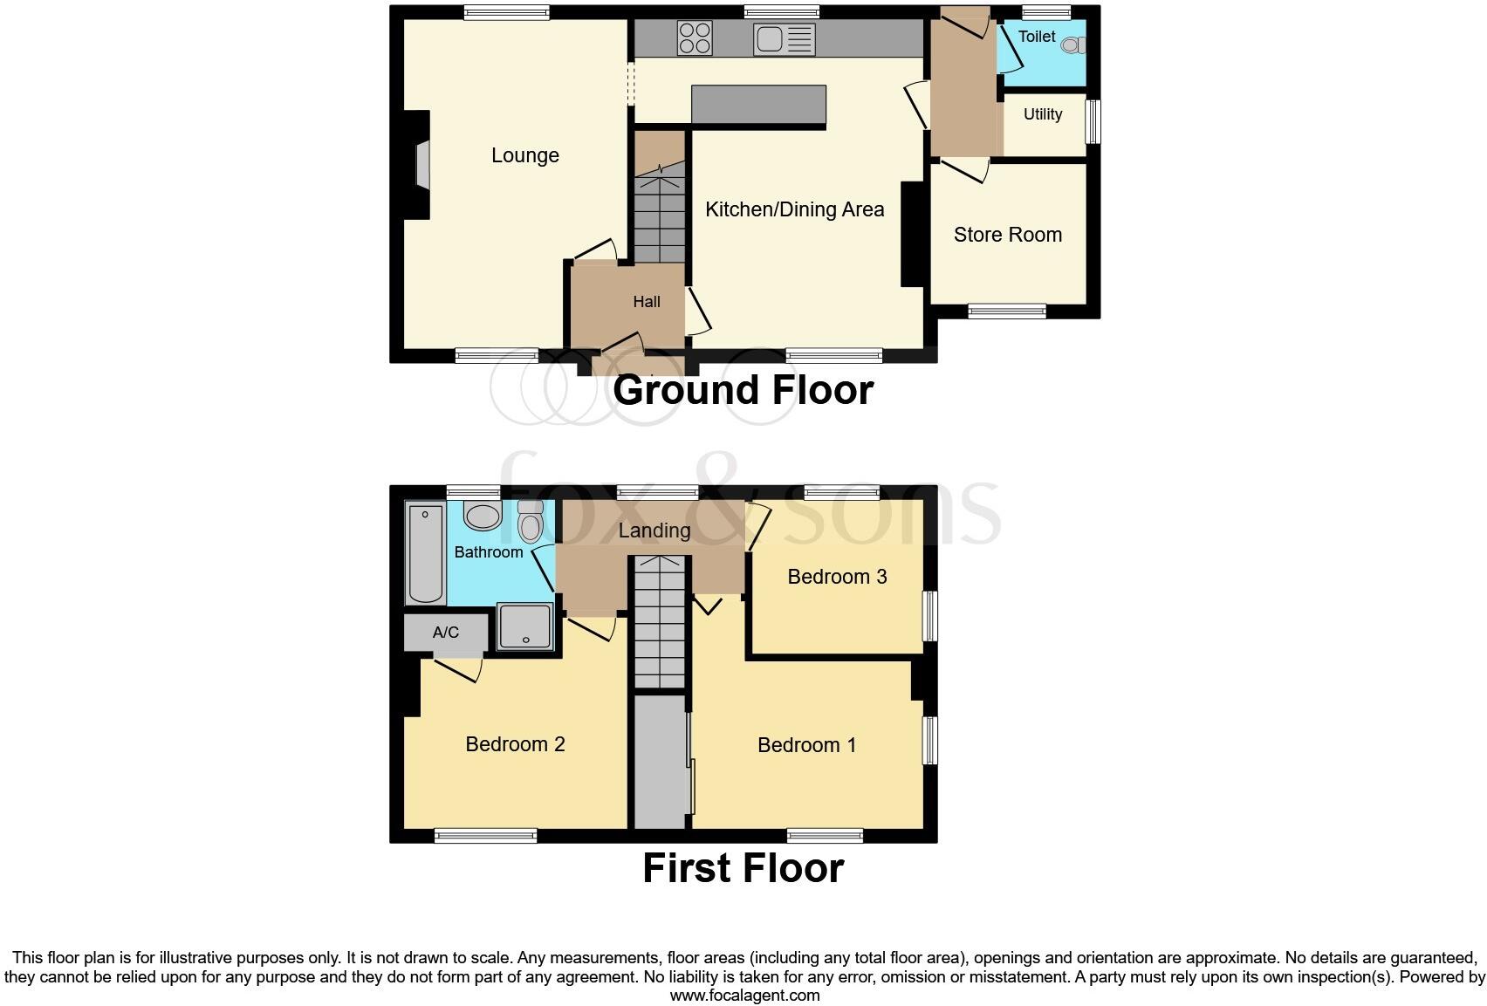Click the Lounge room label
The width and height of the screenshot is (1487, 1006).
524,155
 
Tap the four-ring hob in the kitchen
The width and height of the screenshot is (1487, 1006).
695,38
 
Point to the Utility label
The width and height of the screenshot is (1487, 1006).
1043,114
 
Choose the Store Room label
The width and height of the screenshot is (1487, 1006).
1007,235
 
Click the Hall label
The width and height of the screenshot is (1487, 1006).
646,302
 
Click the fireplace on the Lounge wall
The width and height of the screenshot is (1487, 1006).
421,164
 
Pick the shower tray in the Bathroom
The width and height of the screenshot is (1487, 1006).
525,626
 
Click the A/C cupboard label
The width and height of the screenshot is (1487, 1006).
445,633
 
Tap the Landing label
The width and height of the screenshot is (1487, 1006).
654,530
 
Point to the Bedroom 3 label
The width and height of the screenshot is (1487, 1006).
837,577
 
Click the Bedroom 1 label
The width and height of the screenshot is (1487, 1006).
806,745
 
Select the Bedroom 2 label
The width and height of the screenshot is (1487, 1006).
515,744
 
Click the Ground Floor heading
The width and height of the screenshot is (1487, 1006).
743,390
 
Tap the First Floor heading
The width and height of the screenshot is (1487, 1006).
743,869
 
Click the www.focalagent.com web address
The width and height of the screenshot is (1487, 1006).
744,995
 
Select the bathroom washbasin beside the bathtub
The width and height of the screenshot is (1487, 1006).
482,516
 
